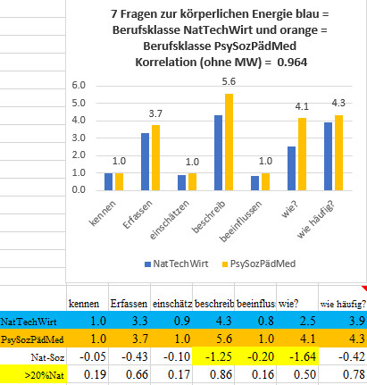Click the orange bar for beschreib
[x=229, y=142]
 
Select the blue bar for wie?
[x=291, y=169]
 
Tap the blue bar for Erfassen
[x=145, y=162]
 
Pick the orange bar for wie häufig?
[x=338, y=153]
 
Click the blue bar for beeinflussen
[x=254, y=183]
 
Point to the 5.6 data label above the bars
[x=229, y=81]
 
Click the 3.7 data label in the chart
[x=155, y=113]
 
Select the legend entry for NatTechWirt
[x=176, y=264]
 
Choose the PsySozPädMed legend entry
[x=259, y=264]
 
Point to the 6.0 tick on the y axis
[x=79, y=86]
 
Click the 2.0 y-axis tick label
[x=79, y=155]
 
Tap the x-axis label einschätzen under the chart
[x=170, y=220]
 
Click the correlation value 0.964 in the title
[x=292, y=63]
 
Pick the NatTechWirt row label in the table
[x=29, y=322]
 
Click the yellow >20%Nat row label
[x=45, y=375]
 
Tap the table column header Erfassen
[x=129, y=304]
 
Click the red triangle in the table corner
[x=364, y=289]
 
